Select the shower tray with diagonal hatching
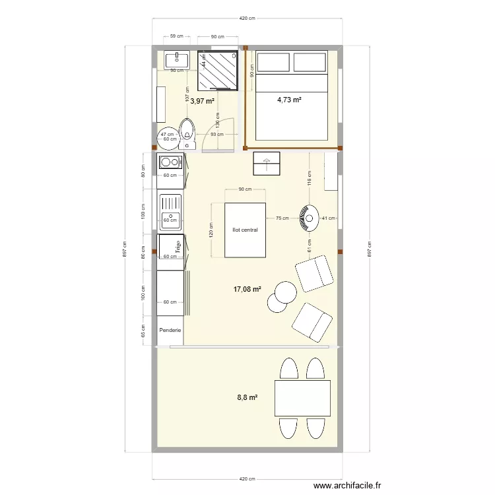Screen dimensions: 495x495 pos(217,70)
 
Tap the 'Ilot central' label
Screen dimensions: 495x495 pos(245,230)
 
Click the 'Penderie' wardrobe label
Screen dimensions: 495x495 pos(170,330)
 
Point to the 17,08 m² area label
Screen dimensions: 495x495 pos(247,289)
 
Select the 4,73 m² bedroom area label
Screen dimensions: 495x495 pos(289,100)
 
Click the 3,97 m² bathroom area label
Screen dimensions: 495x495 pos(203,101)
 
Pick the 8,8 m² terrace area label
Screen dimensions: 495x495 pos(247,397)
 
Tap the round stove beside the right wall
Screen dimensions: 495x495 pos(308,218)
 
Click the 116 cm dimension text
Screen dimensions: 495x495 pos(308,176)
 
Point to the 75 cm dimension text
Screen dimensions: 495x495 pos(282,217)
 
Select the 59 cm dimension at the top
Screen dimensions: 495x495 pos(176,37)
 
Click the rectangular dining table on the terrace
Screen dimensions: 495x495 pos(302,398)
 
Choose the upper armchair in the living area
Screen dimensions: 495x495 pos(315,273)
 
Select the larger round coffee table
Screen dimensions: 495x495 pos(286,292)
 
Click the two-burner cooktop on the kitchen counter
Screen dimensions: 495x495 pos(170,162)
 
